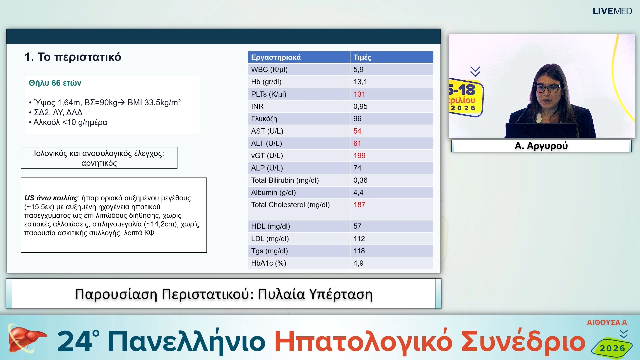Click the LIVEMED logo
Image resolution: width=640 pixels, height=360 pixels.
click(x=612, y=11)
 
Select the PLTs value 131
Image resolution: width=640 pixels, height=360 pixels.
click(x=359, y=94)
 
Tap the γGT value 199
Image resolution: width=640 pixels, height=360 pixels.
click(x=359, y=156)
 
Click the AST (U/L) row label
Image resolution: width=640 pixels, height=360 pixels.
click(x=267, y=131)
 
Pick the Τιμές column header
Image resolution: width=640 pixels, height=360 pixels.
click(x=362, y=57)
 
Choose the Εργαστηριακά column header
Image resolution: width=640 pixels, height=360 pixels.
click(x=276, y=57)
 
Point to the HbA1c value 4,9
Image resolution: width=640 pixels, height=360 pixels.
click(x=358, y=263)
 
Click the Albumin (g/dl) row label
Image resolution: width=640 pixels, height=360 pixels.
click(x=273, y=193)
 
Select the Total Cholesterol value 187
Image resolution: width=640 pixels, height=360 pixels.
click(x=359, y=205)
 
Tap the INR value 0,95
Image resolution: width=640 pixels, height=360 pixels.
click(x=360, y=107)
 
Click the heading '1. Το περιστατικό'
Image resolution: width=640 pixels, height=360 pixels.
click(x=73, y=57)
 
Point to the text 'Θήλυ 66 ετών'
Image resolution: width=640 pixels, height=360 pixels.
click(x=55, y=83)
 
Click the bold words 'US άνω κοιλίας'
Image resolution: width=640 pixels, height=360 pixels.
click(x=51, y=198)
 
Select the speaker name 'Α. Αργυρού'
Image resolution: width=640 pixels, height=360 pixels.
click(x=541, y=146)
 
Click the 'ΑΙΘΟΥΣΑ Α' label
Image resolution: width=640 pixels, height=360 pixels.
click(x=607, y=322)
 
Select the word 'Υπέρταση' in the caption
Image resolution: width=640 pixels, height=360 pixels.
click(x=340, y=294)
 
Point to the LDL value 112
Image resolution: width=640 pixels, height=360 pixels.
click(x=359, y=239)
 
